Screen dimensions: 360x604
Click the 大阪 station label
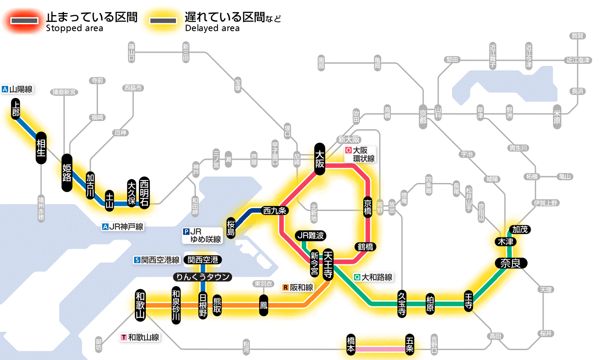tap(320, 158)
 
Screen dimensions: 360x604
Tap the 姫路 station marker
tap(67, 173)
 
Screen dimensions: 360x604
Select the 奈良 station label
tap(510, 263)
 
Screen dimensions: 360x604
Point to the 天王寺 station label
tap(327, 264)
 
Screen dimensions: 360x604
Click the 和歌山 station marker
tap(140, 305)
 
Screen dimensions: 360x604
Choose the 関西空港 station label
tap(202, 260)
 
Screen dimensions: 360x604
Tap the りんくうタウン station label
tap(202, 277)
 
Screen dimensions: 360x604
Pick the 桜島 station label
tap(231, 227)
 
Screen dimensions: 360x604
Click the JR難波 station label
tap(311, 235)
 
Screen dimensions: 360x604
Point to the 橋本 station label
tap(351, 345)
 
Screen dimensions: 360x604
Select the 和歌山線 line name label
tap(140, 337)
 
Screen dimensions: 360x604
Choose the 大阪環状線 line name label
tap(360, 155)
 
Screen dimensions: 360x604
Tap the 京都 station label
tap(423, 115)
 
